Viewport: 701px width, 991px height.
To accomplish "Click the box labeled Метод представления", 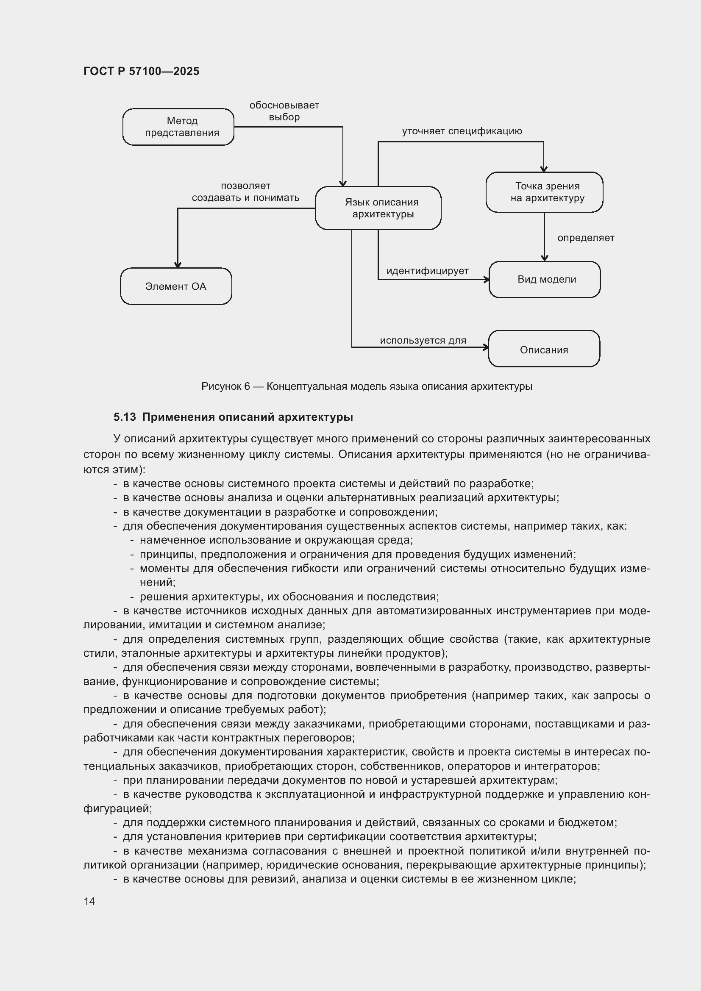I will (178, 127).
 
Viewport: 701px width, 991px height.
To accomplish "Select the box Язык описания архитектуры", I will (378, 208).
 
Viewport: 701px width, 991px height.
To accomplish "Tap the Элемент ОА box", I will (176, 286).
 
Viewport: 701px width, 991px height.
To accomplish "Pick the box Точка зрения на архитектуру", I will (544, 192).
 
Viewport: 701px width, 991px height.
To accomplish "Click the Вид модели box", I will (545, 279).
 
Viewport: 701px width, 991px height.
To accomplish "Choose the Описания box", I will (544, 349).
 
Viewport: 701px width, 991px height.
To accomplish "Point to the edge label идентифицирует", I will (427, 271).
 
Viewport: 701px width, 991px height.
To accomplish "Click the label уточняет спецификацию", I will (462, 131).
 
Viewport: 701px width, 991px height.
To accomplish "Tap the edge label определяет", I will (585, 238).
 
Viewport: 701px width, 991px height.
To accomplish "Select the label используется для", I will (423, 340).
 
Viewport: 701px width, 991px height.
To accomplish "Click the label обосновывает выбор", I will (284, 111).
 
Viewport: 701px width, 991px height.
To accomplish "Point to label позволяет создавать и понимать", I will (246, 192).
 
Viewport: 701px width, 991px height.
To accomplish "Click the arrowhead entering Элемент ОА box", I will (178, 264).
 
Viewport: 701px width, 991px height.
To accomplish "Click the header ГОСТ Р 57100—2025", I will (141, 71).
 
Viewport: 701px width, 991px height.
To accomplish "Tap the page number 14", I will (89, 901).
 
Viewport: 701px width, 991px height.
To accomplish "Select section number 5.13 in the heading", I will (124, 417).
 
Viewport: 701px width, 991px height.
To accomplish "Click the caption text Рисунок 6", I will (225, 386).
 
